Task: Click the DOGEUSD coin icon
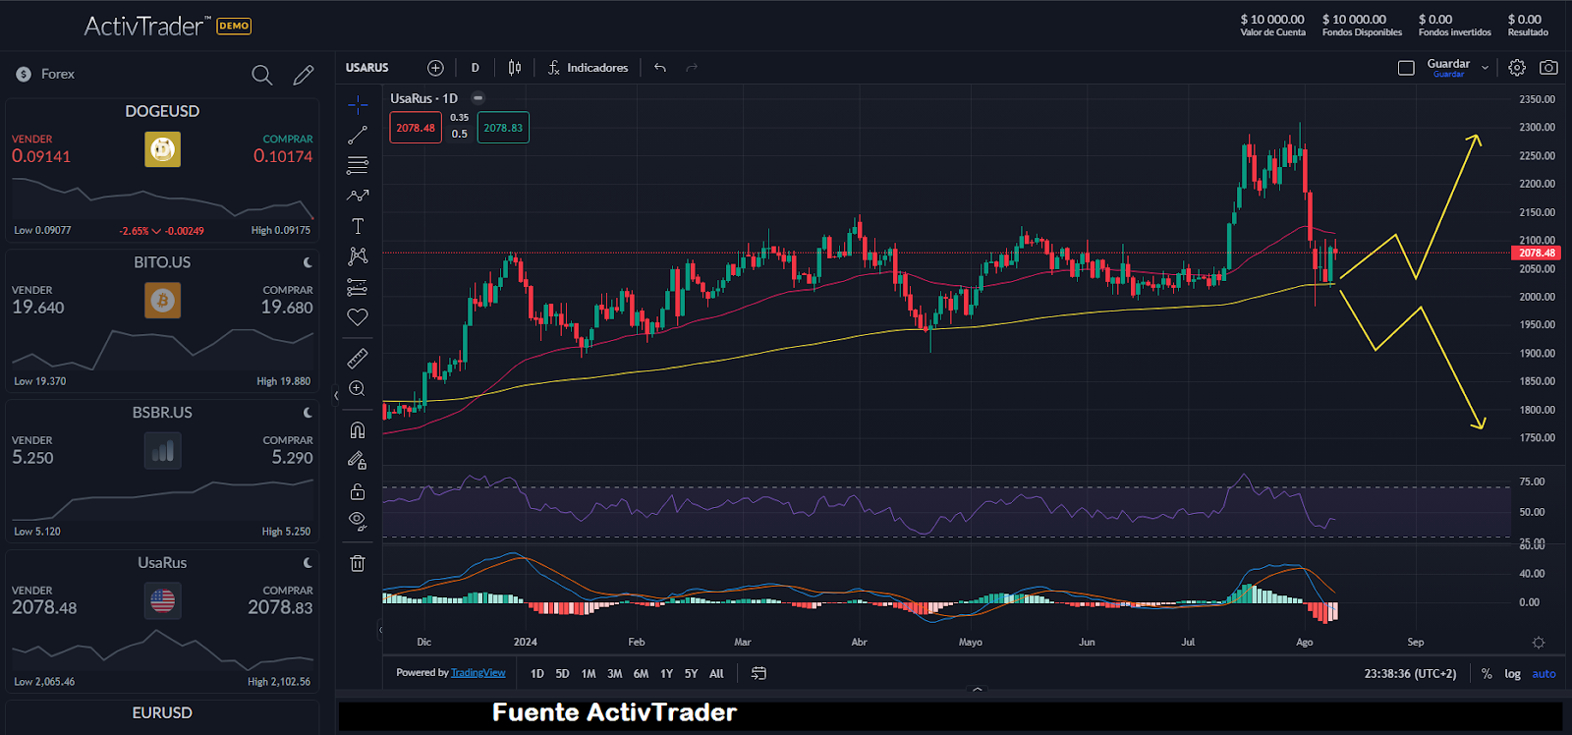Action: tap(162, 149)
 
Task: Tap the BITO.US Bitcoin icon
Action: tap(162, 301)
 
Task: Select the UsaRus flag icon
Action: tap(162, 599)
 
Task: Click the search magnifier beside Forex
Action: tap(261, 75)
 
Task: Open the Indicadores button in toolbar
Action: tap(588, 68)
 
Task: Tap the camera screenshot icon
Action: tap(1548, 68)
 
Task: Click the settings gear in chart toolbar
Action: tap(1517, 68)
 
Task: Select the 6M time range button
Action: tap(641, 674)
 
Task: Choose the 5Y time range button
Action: tap(691, 674)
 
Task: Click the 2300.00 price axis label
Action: tap(1537, 128)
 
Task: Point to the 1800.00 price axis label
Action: tap(1537, 410)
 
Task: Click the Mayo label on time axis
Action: tap(970, 643)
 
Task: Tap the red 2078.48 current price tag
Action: tap(1537, 254)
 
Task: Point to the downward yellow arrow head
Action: tap(1480, 424)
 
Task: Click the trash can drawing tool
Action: tap(358, 563)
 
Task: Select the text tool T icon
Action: tap(358, 226)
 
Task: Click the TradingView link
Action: tap(477, 673)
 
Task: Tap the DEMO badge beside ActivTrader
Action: tap(234, 27)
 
